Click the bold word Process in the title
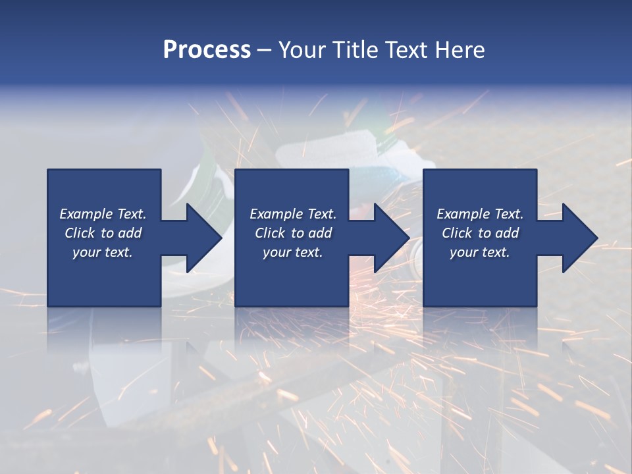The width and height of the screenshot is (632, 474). coord(207,50)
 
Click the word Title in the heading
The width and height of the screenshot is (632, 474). coord(352,50)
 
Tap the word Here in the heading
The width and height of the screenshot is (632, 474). coord(460,50)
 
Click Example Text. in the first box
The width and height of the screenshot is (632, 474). coord(103,214)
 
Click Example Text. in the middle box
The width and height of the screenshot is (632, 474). coord(293,214)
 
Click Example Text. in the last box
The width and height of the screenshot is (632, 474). coord(480,214)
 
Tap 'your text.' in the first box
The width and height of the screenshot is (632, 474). coord(103,252)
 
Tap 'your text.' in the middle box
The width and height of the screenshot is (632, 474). coord(293,252)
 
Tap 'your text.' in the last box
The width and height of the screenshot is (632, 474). coord(480,252)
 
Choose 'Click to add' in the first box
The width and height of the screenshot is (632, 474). coord(103,233)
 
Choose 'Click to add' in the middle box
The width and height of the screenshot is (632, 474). coord(293,233)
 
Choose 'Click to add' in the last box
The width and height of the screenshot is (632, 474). coord(480,233)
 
